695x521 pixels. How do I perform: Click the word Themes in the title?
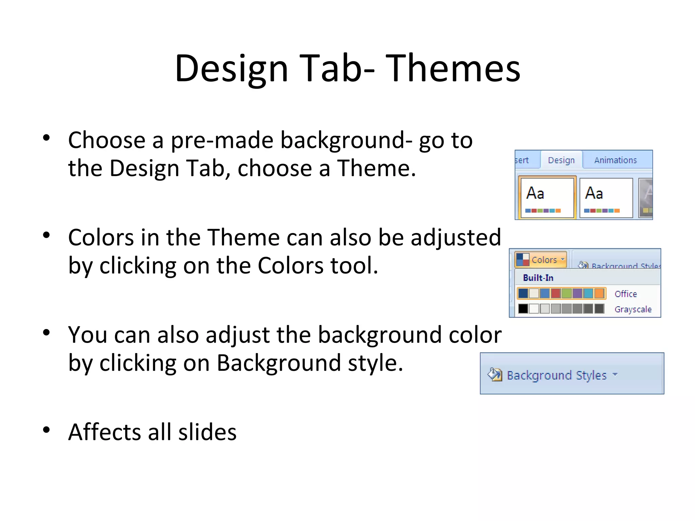[453, 69]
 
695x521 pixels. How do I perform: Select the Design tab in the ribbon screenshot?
[561, 160]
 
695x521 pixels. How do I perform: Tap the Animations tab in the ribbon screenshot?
[615, 160]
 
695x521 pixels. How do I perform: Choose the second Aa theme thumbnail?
[606, 198]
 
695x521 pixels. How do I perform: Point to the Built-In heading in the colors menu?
[538, 278]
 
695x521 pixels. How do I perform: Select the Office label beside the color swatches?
[625, 294]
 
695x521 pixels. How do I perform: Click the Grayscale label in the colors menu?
[633, 309]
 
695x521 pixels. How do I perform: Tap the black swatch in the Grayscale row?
[523, 309]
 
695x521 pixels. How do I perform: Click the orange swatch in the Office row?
[599, 293]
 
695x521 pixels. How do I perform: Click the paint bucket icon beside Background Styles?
[495, 375]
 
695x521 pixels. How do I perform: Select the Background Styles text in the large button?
[557, 375]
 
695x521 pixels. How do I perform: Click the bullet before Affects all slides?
[46, 430]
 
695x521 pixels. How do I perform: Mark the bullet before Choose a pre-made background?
[46, 138]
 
